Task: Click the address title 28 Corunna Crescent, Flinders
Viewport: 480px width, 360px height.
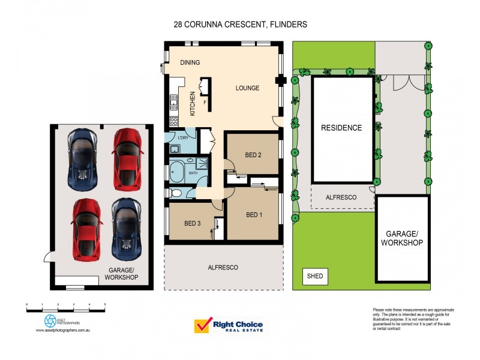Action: (239, 25)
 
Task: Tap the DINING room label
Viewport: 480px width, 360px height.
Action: (190, 62)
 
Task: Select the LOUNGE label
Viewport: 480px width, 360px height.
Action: (247, 88)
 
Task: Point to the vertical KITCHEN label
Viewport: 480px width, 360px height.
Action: (193, 103)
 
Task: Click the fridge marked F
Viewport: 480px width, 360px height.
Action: (205, 103)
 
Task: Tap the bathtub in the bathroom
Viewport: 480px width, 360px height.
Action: (177, 173)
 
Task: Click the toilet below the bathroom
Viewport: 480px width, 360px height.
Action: (176, 193)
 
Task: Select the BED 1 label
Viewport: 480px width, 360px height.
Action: (254, 215)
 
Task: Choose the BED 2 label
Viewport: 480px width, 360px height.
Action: (254, 155)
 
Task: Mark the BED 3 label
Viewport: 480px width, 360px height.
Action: (193, 223)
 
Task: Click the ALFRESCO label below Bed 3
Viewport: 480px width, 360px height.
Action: (223, 267)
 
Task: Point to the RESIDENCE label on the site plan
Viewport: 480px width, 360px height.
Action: (341, 128)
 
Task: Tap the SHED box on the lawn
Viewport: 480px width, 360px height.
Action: (315, 277)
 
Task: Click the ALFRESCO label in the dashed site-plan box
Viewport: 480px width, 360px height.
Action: (341, 197)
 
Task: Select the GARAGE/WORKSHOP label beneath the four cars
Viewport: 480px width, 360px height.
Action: (122, 274)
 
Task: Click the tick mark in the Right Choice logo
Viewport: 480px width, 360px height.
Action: (202, 326)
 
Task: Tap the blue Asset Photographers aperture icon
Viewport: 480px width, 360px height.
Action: (50, 321)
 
